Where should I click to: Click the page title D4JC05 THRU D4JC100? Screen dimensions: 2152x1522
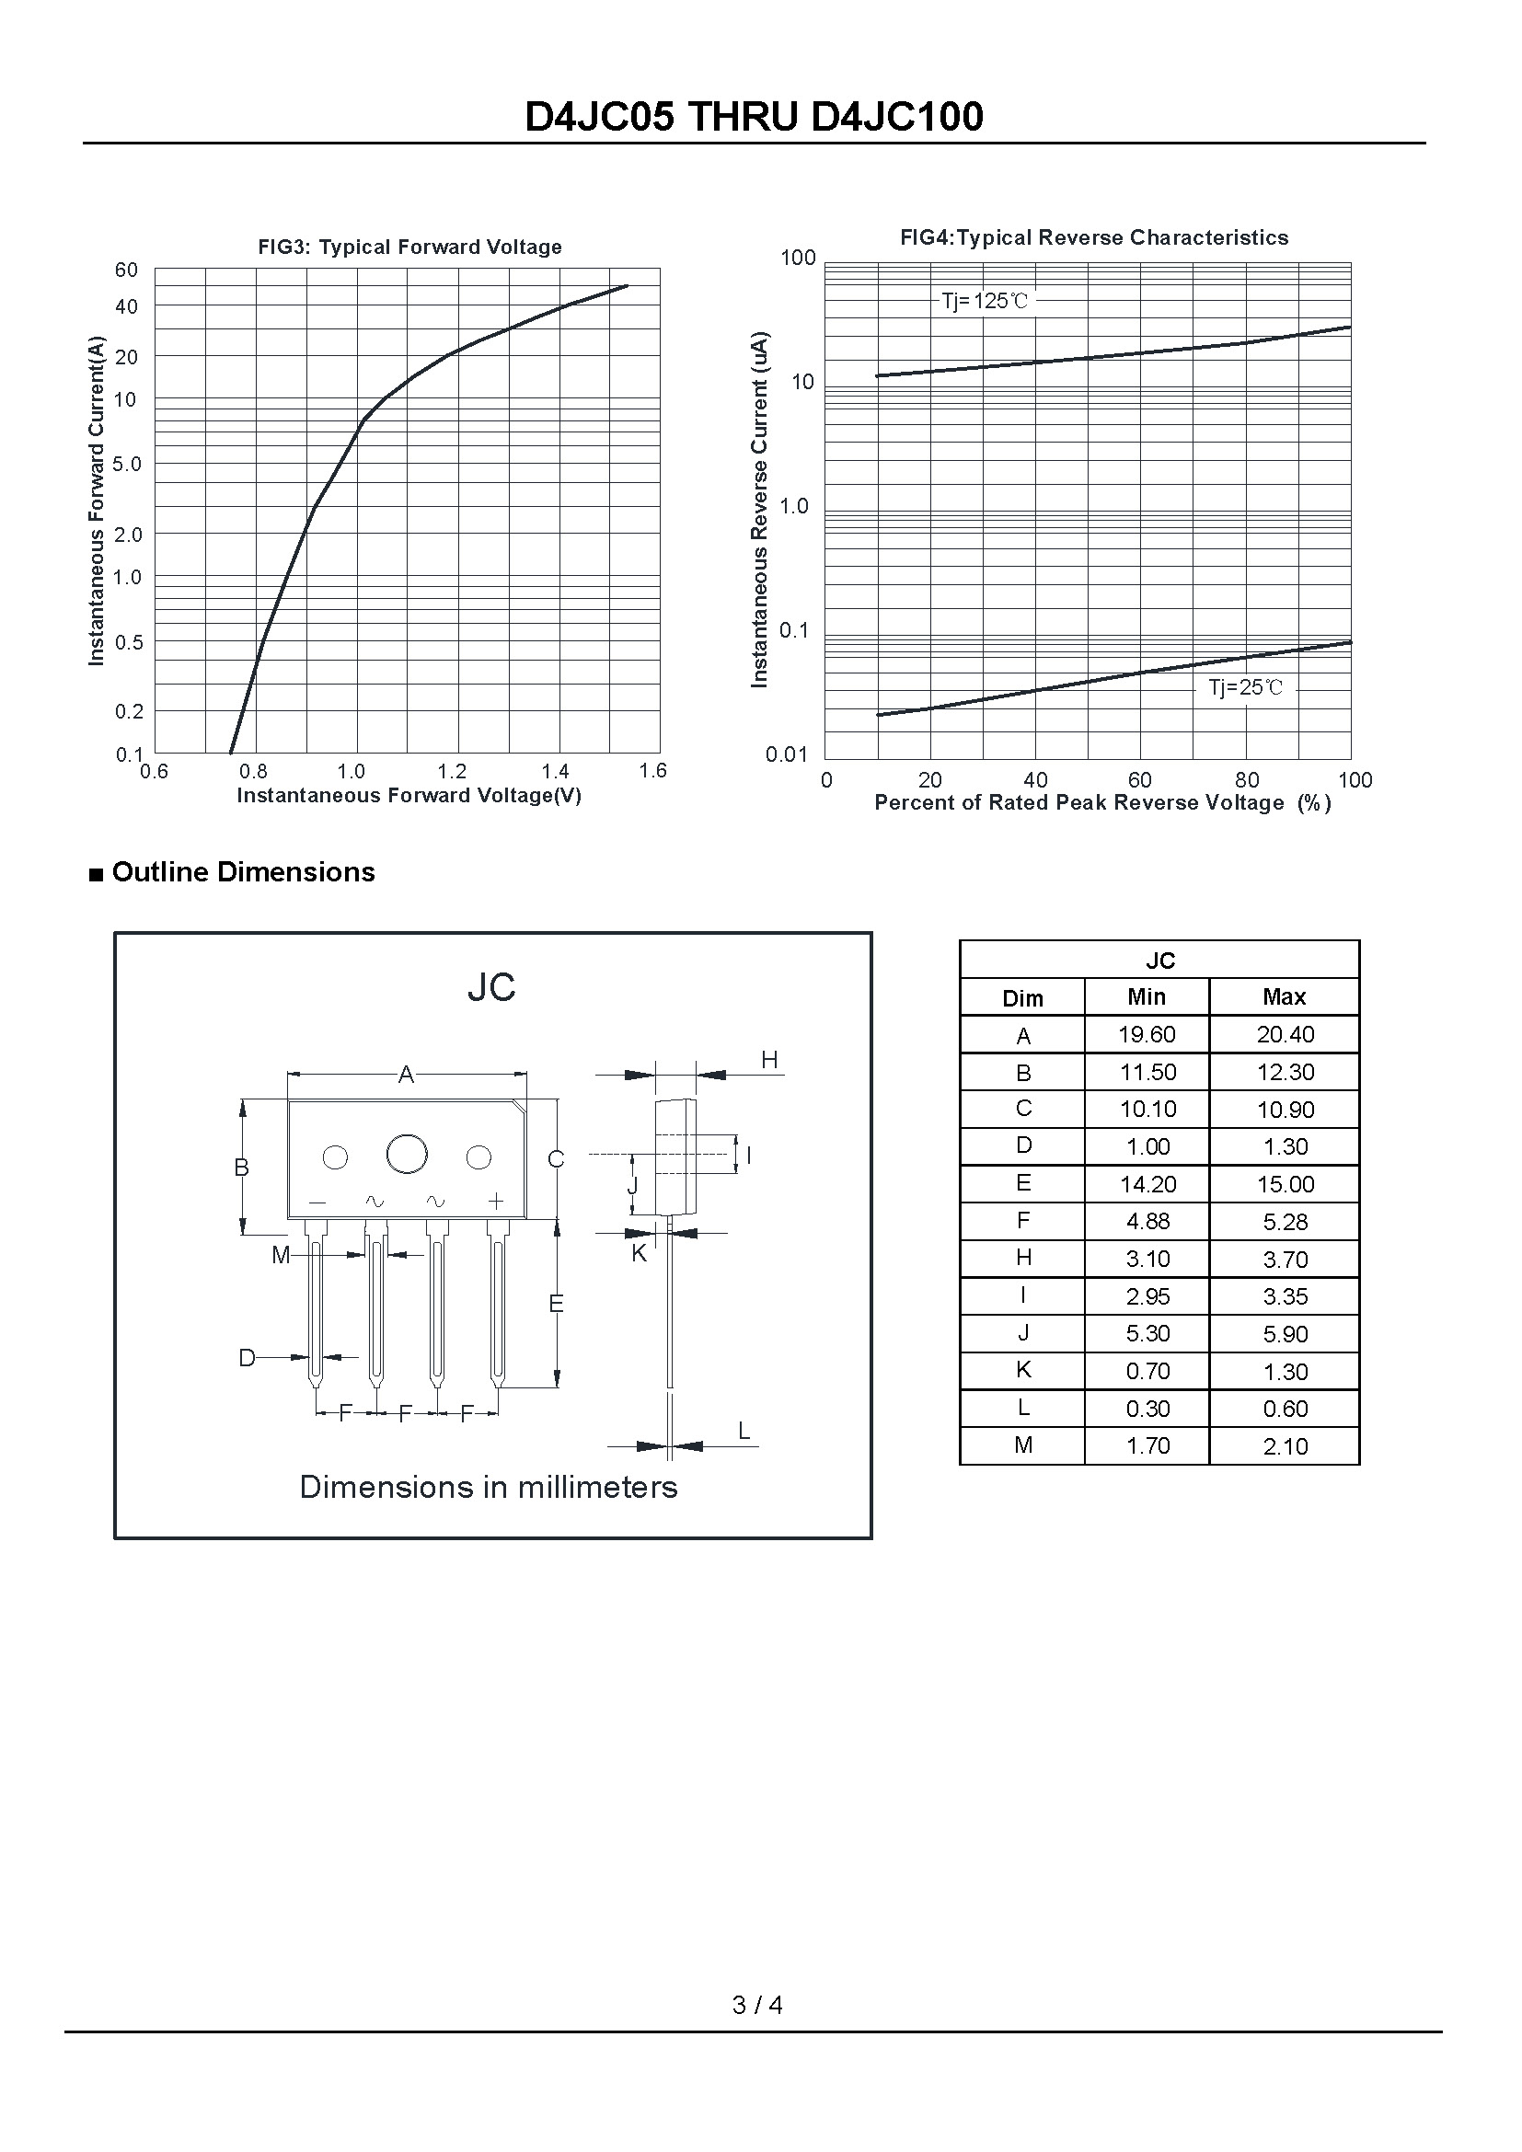[x=755, y=117]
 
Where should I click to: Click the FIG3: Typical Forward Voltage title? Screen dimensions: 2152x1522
[x=409, y=247]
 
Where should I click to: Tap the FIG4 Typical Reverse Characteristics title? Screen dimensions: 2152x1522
[x=1094, y=238]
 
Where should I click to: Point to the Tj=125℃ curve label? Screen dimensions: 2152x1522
[x=984, y=301]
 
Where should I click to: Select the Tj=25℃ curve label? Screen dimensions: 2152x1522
[x=1245, y=688]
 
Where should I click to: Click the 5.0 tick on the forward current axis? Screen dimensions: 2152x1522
[x=126, y=464]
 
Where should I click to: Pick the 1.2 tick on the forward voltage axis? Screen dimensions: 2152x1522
[x=452, y=771]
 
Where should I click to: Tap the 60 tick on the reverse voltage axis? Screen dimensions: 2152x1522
[x=1139, y=780]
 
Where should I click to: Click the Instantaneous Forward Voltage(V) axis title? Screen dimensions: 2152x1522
[x=409, y=796]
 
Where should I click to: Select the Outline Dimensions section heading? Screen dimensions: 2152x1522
[x=243, y=871]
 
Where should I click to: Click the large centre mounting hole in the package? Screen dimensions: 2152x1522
[x=407, y=1154]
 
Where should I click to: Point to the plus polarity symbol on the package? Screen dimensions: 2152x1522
[x=496, y=1201]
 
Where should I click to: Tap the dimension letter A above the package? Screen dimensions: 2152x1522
[x=406, y=1075]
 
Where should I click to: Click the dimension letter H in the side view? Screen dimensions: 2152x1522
[x=769, y=1060]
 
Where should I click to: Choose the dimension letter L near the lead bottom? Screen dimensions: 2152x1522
[x=744, y=1431]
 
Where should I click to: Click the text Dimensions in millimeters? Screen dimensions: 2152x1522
[x=489, y=1487]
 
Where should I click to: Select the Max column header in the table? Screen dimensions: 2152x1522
[x=1283, y=997]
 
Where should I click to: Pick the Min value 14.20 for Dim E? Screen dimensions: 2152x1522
[x=1147, y=1185]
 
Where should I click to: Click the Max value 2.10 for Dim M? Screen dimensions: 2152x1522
[x=1284, y=1446]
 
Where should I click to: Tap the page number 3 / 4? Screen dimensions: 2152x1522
[x=757, y=2005]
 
